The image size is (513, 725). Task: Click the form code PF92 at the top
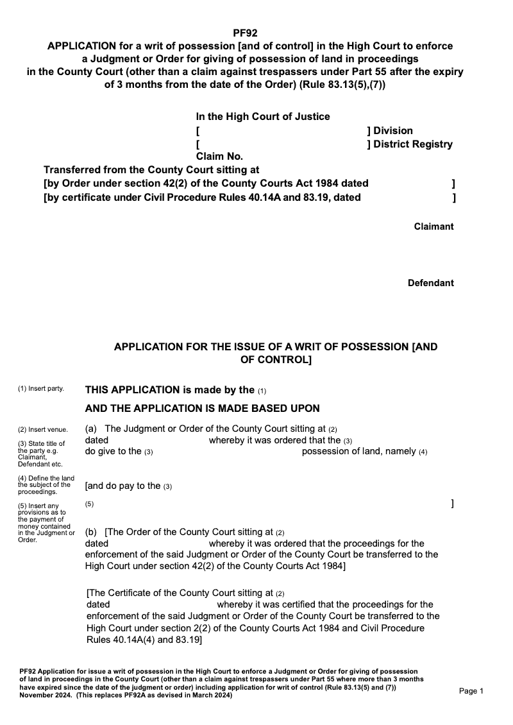pos(246,33)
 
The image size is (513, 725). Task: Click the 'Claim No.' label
pos(219,157)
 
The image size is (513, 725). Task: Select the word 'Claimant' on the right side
pos(433,226)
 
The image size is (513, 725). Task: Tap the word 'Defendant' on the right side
pos(430,283)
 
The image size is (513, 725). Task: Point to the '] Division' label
pos(390,131)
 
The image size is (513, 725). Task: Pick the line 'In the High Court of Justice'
pos(263,117)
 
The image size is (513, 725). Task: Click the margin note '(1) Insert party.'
pos(41,388)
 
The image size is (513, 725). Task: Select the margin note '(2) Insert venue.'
pos(43,429)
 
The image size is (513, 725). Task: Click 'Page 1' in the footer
pos(471,691)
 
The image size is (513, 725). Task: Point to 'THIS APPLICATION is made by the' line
pos(170,389)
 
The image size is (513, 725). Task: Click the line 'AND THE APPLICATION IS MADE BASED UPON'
pos(202,409)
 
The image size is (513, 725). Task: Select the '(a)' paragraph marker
pos(91,429)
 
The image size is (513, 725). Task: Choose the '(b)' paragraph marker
pos(91,532)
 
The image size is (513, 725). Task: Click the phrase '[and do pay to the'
pos(122,486)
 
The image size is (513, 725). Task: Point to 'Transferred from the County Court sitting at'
pos(151,170)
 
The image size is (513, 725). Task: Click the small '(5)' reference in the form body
pos(89,504)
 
